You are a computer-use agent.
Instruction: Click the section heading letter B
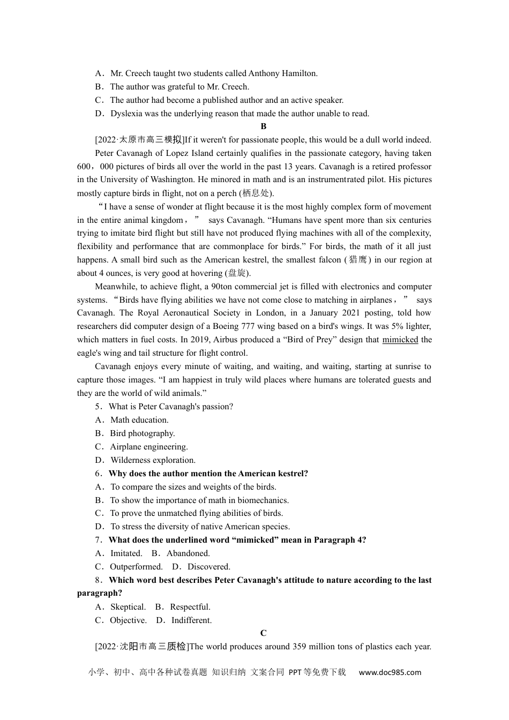coord(263,126)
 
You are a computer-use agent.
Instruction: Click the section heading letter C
coord(263,633)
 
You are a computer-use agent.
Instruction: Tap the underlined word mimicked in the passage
coord(400,340)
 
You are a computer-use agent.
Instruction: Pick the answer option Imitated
coord(126,553)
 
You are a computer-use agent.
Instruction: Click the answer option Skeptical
coord(128,607)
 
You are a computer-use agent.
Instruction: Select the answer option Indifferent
coord(191,620)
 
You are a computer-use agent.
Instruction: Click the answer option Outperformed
coord(136,567)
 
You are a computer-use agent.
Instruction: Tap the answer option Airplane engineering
coord(149,447)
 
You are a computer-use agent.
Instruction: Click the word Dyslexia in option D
coord(126,114)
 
